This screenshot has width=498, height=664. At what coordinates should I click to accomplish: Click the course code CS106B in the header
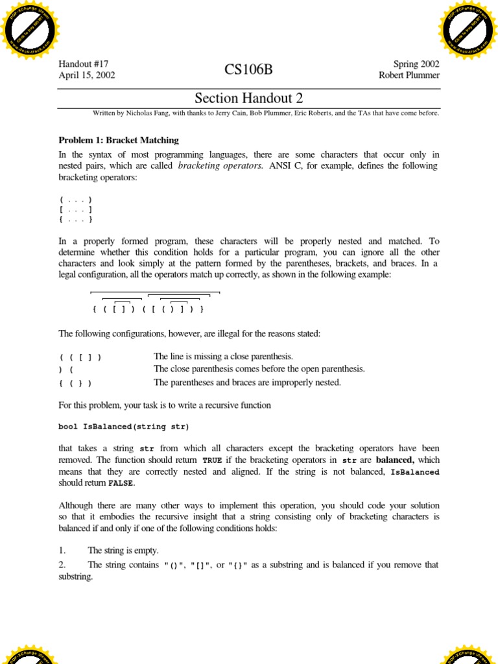click(249, 70)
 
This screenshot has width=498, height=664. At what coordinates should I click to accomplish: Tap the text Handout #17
click(84, 64)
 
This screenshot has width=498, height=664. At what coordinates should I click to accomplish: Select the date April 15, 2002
click(87, 75)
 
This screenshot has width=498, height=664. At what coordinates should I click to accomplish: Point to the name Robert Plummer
click(409, 75)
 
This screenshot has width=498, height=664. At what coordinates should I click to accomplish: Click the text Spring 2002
click(416, 64)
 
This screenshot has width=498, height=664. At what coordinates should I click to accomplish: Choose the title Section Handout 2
click(249, 99)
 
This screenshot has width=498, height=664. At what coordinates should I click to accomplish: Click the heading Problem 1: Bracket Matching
click(119, 140)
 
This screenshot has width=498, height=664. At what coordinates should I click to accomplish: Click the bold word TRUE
click(212, 460)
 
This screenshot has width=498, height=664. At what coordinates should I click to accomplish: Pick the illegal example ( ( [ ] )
click(80, 357)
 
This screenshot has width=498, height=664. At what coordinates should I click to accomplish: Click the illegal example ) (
click(65, 370)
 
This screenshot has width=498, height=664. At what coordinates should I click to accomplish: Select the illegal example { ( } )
click(75, 383)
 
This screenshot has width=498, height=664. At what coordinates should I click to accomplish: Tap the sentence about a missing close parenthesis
click(224, 357)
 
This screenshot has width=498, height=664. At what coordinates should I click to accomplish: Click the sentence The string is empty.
click(123, 551)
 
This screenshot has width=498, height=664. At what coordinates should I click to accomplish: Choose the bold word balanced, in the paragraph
click(396, 460)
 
